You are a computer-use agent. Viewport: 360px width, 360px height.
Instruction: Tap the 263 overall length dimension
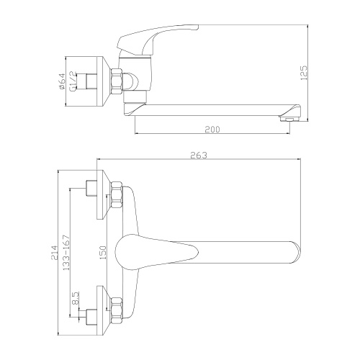(200, 153)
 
